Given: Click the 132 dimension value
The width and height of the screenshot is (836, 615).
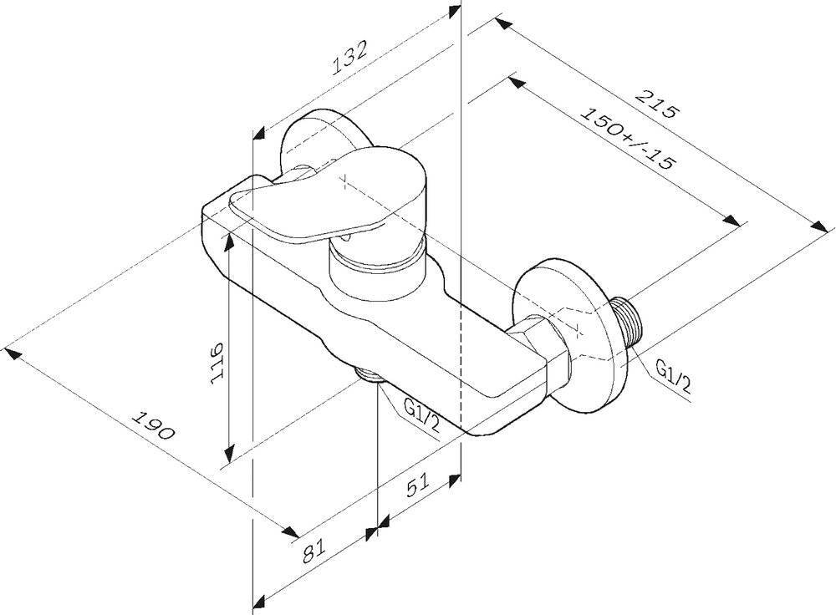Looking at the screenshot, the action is [x=349, y=57].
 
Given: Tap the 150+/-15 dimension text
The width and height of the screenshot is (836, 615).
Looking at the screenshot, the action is [x=628, y=138].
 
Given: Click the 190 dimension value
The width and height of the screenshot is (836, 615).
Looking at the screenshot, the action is [x=154, y=424].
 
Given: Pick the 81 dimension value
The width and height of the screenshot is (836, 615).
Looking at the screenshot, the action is [x=314, y=551].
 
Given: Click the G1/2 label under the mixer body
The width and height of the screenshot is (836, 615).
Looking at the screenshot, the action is [x=422, y=416].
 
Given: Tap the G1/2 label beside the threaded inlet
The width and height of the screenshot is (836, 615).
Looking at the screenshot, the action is [x=673, y=376].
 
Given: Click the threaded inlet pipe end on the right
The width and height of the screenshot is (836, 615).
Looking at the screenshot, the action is [x=628, y=323].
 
